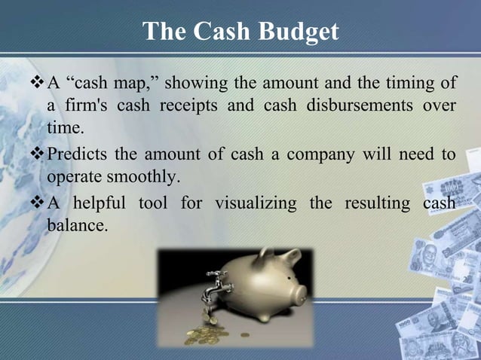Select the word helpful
106,203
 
